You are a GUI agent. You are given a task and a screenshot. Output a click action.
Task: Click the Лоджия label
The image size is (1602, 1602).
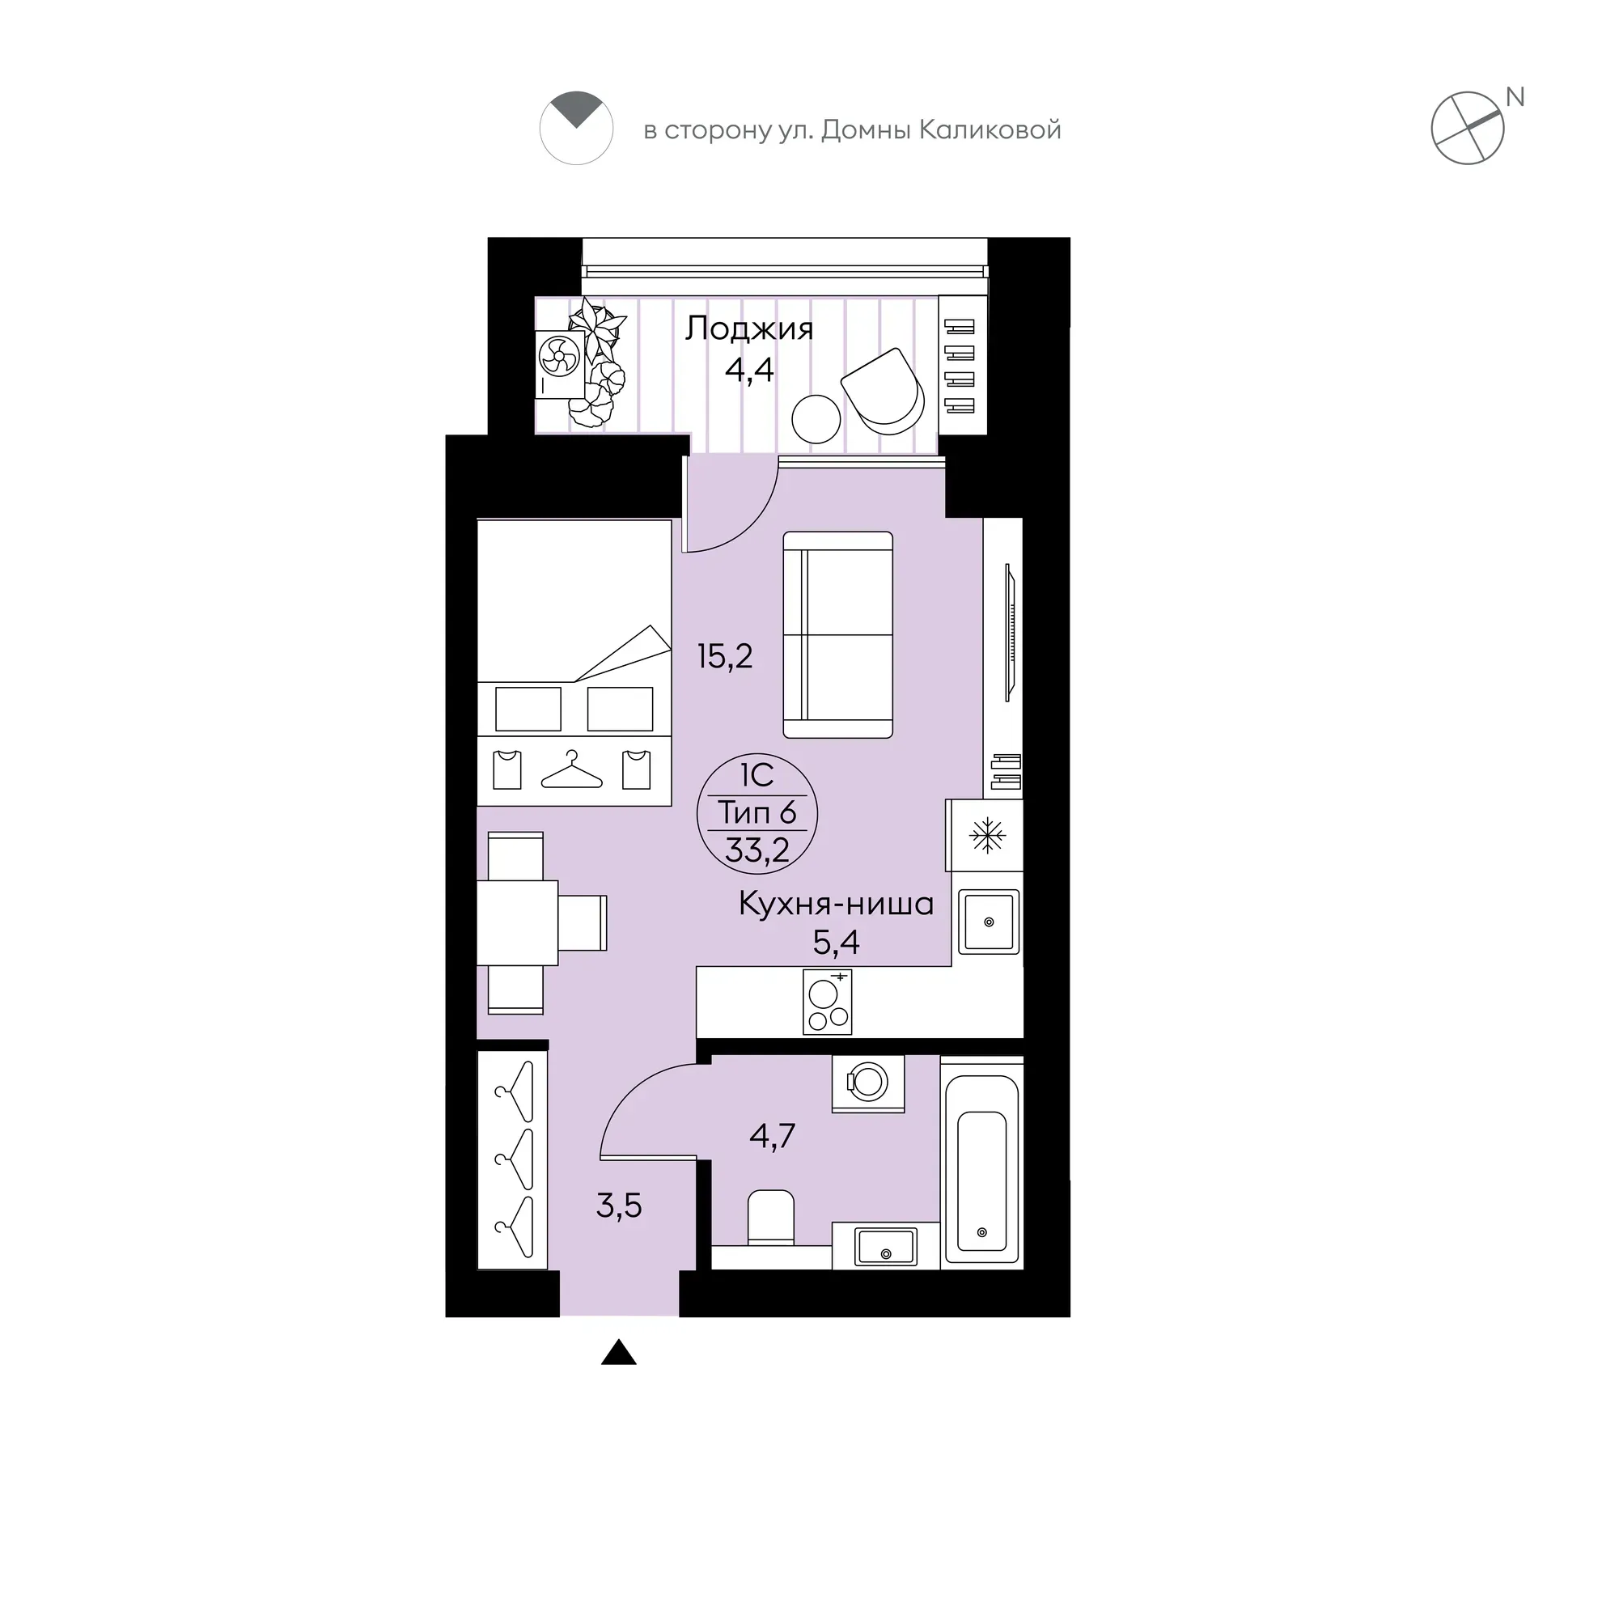pyautogui.click(x=748, y=330)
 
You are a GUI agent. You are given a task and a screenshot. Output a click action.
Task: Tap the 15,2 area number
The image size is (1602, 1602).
pyautogui.click(x=725, y=657)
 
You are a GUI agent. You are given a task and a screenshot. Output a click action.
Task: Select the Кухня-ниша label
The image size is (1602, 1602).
pyautogui.click(x=836, y=904)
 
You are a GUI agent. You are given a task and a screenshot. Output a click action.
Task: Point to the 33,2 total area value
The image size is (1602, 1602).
pyautogui.click(x=757, y=850)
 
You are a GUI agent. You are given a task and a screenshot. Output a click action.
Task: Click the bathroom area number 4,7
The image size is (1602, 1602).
pyautogui.click(x=772, y=1136)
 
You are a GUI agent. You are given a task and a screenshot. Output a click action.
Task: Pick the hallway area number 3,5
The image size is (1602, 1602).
pyautogui.click(x=619, y=1206)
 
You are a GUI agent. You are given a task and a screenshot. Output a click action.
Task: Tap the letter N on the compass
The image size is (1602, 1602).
pyautogui.click(x=1515, y=98)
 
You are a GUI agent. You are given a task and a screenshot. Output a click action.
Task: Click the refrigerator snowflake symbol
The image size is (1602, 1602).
pyautogui.click(x=988, y=835)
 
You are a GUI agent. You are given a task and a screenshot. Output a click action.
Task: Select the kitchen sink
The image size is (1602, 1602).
pyautogui.click(x=989, y=922)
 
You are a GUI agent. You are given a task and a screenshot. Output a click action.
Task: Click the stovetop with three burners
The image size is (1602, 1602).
pyautogui.click(x=828, y=1002)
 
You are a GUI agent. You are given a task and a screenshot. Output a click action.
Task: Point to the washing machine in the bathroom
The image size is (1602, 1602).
pyautogui.click(x=868, y=1083)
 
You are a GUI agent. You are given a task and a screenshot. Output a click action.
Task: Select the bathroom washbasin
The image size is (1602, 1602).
pyautogui.click(x=887, y=1247)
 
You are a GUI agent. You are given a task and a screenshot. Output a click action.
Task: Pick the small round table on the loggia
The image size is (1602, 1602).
pyautogui.click(x=816, y=419)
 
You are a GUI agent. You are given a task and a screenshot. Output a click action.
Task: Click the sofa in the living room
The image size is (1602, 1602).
pyautogui.click(x=837, y=635)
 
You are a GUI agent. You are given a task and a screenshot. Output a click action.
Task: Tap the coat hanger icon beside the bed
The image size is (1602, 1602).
pyautogui.click(x=571, y=770)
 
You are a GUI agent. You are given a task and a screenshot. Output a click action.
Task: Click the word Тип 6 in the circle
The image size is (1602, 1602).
pyautogui.click(x=757, y=812)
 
